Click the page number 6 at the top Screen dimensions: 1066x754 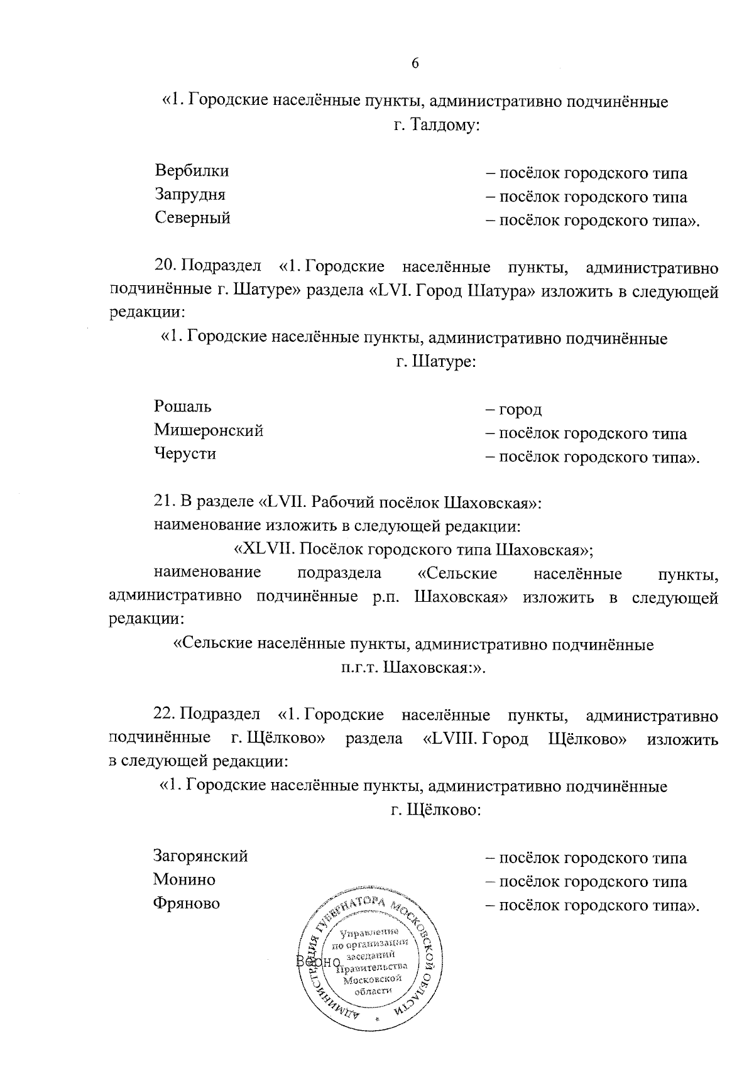coord(415,63)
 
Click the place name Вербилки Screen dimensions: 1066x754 coord(192,171)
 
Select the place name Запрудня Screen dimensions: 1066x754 coord(190,195)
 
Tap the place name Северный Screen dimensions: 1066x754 coord(192,219)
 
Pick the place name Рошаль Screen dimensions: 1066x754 coord(183,407)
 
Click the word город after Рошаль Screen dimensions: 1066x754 coord(520,410)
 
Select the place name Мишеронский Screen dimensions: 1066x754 coord(209,431)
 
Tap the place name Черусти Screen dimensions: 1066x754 coord(185,454)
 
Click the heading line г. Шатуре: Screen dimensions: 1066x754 coord(435,362)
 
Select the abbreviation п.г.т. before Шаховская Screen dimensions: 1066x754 coord(359,667)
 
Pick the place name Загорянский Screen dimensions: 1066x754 coord(200,856)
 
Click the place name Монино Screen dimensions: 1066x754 coord(184,880)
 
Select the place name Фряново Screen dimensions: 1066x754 coord(187,904)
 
